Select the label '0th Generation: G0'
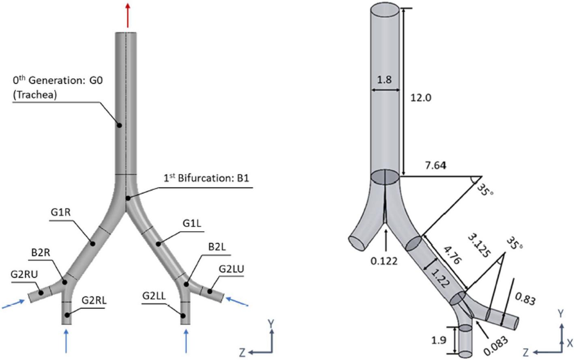(58, 80)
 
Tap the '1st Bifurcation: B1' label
(206, 178)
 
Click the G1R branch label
(61, 212)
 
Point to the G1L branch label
(192, 223)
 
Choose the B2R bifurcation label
(41, 253)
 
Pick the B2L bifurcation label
(217, 247)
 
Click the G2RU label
(24, 274)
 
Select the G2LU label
(231, 269)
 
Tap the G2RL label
(94, 300)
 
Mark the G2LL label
(154, 296)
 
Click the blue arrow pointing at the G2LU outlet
(237, 302)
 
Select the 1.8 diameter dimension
(384, 79)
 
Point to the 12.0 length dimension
(421, 98)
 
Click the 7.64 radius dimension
(435, 165)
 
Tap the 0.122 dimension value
(384, 261)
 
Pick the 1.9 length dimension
(439, 340)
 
